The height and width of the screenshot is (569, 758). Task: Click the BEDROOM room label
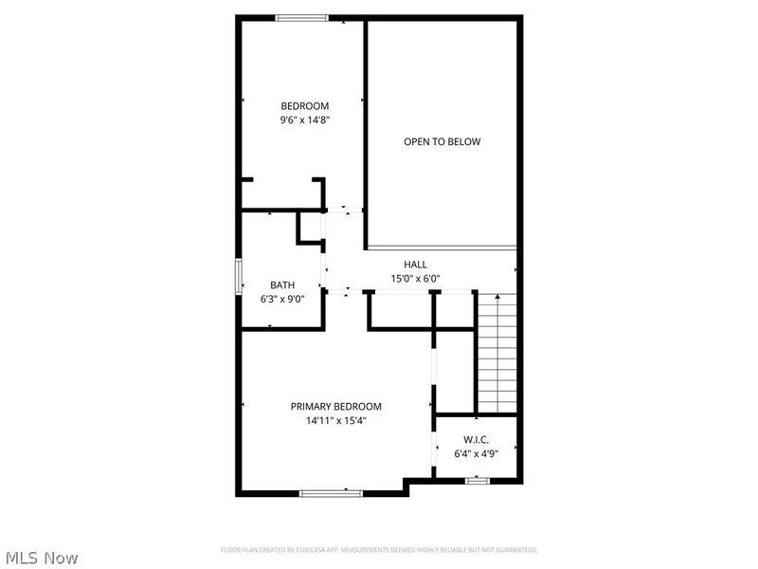[304, 105]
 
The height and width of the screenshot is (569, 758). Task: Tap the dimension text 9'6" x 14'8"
[304, 120]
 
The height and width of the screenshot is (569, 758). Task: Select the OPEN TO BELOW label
[442, 142]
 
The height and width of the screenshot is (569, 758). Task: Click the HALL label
[415, 265]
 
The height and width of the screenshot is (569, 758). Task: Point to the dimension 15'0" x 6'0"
[415, 279]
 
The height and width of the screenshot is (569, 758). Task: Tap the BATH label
[282, 284]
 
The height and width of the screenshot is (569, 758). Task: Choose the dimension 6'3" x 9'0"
[282, 299]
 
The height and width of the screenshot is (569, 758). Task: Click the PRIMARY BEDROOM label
[335, 406]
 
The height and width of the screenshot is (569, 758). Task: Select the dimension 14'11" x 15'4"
[335, 420]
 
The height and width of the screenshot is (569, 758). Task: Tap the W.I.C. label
[476, 439]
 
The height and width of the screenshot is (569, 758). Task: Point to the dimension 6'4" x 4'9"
[476, 453]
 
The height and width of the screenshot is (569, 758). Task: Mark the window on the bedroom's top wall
[301, 17]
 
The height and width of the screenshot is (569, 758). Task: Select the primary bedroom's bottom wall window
[331, 492]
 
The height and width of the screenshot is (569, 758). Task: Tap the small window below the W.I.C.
[478, 481]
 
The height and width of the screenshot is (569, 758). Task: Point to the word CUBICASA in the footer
[329, 550]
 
